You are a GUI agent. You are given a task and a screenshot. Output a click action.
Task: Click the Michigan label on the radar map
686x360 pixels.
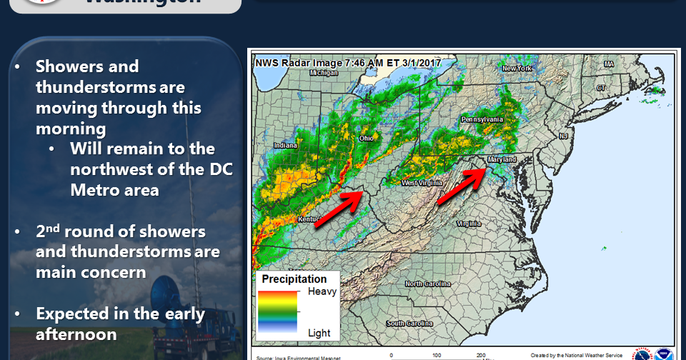[324, 72]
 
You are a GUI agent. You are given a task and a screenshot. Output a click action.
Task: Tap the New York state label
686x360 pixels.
[517, 69]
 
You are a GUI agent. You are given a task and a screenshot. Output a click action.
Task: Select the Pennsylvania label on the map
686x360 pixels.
[483, 119]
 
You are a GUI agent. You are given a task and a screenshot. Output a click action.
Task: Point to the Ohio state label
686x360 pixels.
[366, 137]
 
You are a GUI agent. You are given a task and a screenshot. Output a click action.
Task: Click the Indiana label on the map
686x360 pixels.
[285, 146]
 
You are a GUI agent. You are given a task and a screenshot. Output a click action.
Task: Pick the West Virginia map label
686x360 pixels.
[418, 183]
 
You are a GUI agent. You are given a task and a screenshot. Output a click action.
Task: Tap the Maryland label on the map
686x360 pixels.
[502, 159]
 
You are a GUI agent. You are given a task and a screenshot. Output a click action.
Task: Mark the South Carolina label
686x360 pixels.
[409, 323]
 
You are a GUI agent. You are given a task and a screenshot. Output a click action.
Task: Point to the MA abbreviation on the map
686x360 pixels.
[609, 64]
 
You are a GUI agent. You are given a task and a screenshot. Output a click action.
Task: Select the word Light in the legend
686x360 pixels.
[319, 333]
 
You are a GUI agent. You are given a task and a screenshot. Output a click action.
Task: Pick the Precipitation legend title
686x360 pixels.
[294, 279]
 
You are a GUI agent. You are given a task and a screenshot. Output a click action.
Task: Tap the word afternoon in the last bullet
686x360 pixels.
[76, 334]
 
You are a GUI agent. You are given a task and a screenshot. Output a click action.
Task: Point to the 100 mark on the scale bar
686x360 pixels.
[436, 354]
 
